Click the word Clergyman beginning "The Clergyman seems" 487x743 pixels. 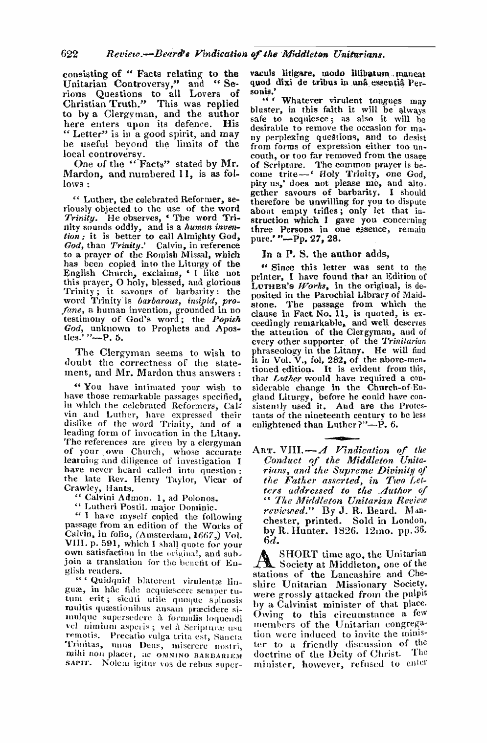coord(127,353)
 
